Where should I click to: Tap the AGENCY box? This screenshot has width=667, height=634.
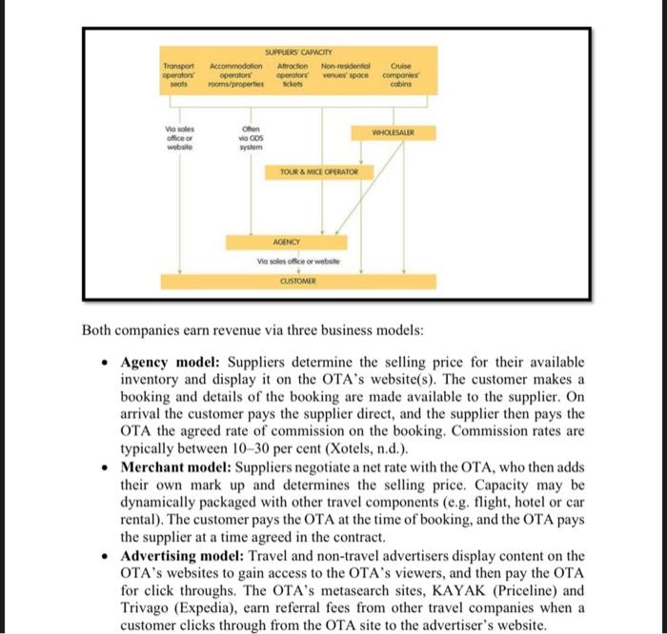pyautogui.click(x=286, y=243)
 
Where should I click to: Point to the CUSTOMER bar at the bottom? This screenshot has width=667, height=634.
pyautogui.click(x=299, y=282)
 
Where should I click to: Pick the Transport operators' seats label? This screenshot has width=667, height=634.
pyautogui.click(x=180, y=73)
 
